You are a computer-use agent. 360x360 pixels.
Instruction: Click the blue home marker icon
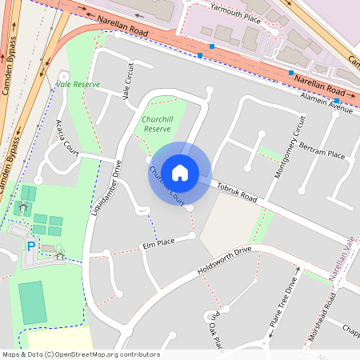179,172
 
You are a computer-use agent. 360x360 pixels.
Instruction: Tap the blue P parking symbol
31,247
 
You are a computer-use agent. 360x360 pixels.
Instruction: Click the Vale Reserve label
78,82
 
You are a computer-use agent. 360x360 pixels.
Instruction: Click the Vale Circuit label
128,80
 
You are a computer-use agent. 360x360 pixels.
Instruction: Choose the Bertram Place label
321,152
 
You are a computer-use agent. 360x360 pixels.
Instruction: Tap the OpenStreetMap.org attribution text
104,354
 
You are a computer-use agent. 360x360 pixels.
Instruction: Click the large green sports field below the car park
33,302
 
